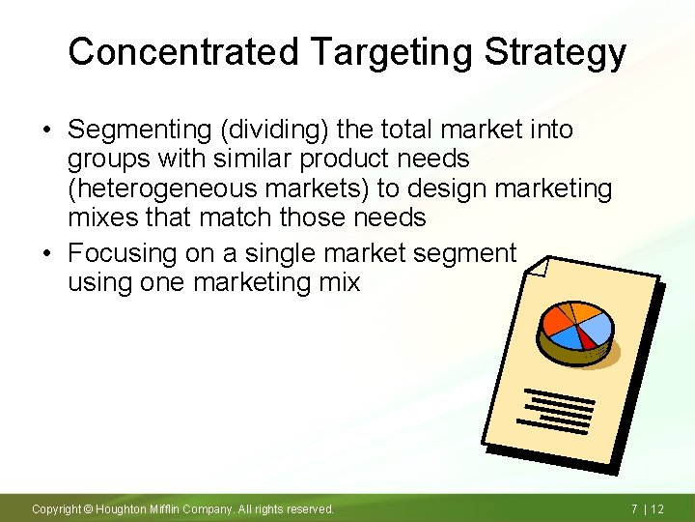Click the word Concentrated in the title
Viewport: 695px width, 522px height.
183,51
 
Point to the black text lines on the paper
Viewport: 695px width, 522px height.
557,408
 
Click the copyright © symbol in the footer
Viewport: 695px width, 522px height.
88,508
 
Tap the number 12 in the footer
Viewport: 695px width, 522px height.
657,508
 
